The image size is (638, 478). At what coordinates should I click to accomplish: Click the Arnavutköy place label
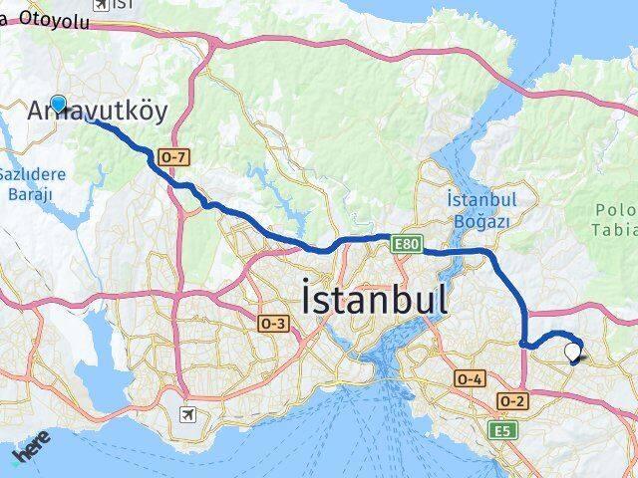point(98,110)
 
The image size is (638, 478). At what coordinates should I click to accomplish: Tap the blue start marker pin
point(59,104)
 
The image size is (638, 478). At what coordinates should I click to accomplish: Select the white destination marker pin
point(572,352)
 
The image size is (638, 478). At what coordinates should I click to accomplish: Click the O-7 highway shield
point(172,157)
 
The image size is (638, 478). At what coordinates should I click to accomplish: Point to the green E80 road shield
point(404,243)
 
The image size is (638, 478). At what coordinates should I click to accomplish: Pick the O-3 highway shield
point(273,324)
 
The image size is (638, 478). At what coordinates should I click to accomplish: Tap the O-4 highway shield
point(469,378)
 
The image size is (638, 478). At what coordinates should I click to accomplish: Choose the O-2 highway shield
point(512,400)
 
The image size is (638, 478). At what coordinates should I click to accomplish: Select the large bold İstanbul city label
point(374,299)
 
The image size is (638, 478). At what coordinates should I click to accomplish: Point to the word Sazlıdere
point(31,173)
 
